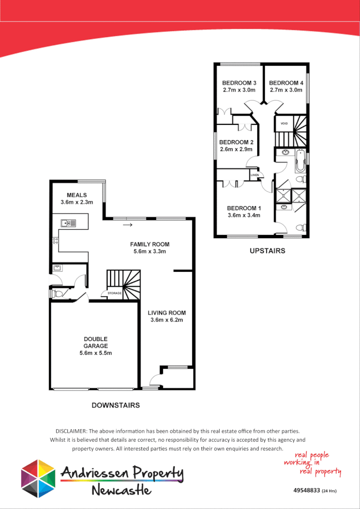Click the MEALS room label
(x=77, y=195)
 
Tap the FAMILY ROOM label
(x=149, y=244)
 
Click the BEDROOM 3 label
(x=239, y=83)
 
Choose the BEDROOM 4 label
(x=286, y=83)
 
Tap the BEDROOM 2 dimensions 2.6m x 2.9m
(x=236, y=149)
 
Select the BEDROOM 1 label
(x=244, y=208)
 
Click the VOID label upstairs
(x=284, y=123)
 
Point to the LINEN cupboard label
(x=254, y=175)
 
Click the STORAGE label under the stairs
(x=114, y=293)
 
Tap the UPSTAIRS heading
(x=267, y=251)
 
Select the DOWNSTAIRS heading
(x=116, y=405)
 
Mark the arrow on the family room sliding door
(x=127, y=224)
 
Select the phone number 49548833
(x=306, y=491)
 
